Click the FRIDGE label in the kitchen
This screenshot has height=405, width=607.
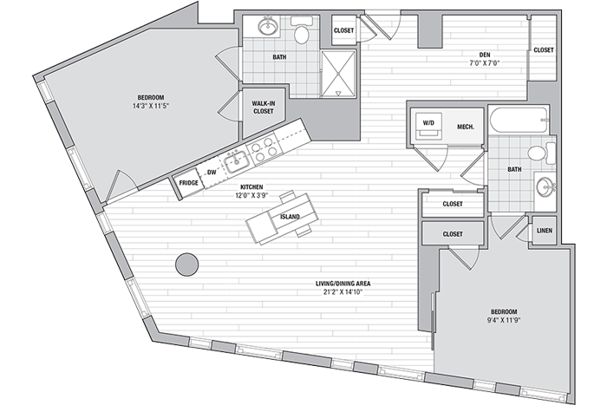click(x=188, y=183)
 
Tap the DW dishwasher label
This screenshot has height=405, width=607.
click(x=212, y=173)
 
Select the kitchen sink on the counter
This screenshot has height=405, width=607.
click(x=236, y=161)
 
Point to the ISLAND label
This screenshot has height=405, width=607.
click(x=290, y=217)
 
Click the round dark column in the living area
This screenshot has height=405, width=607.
click(x=187, y=265)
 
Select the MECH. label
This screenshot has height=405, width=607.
click(x=466, y=127)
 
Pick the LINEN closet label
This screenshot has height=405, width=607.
click(x=545, y=231)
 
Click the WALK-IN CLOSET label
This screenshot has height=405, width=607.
click(x=264, y=108)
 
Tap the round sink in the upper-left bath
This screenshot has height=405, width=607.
click(x=268, y=27)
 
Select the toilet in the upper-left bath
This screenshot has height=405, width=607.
click(x=301, y=30)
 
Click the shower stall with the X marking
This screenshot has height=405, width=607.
click(x=338, y=73)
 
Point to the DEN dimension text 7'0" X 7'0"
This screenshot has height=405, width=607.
click(x=485, y=63)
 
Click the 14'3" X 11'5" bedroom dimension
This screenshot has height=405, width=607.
click(x=151, y=105)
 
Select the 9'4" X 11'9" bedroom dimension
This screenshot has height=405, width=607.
click(x=504, y=320)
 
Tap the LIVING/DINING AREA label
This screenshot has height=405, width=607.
click(x=343, y=284)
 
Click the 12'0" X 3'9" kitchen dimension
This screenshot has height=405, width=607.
click(x=251, y=195)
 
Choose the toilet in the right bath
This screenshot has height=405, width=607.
click(x=542, y=153)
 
